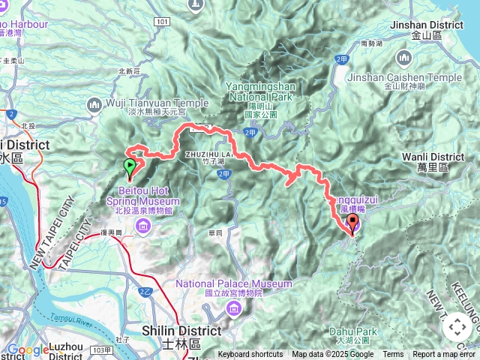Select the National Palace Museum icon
(235, 308)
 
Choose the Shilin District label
(181, 330)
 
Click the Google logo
(28, 349)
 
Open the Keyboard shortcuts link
(250, 355)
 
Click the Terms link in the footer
(393, 355)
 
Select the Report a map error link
(445, 355)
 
